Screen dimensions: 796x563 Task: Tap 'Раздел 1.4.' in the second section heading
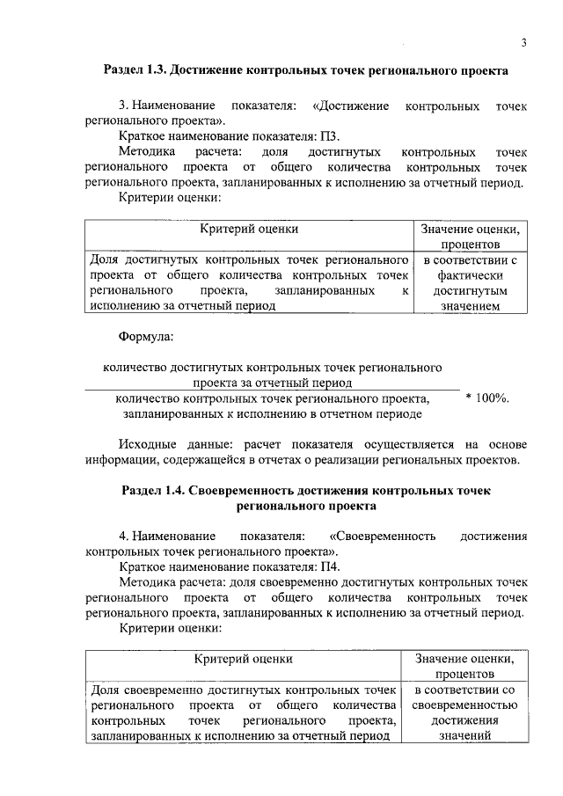click(x=156, y=491)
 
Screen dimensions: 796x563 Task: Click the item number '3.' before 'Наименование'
click(x=125, y=106)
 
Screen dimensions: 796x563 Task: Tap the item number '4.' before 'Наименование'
click(x=125, y=536)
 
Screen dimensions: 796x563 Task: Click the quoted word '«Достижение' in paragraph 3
click(x=351, y=106)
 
